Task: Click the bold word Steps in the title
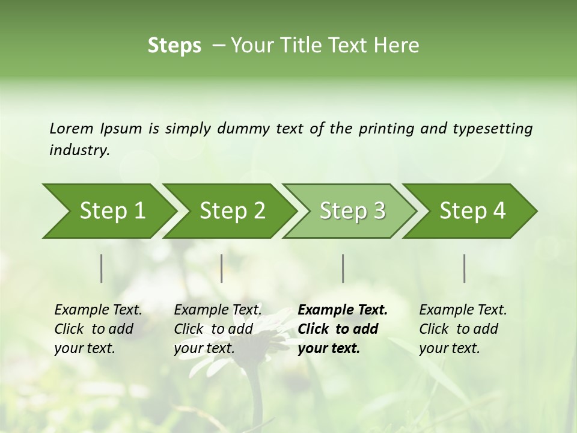(x=174, y=46)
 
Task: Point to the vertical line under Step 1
(x=102, y=268)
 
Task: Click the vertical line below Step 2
(x=222, y=268)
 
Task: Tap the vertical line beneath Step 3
(x=343, y=268)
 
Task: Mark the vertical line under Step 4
(x=465, y=268)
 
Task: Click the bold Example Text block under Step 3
(x=343, y=329)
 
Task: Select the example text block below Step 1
(x=98, y=329)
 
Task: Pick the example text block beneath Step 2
(x=218, y=329)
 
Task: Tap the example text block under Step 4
(x=463, y=329)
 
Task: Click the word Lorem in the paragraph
(x=71, y=129)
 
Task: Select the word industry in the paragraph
(x=79, y=150)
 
